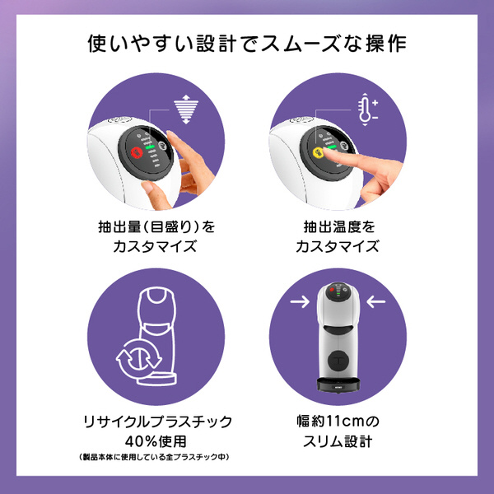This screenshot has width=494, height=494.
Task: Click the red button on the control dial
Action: coord(137,152)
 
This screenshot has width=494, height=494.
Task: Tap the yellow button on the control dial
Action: coord(319,152)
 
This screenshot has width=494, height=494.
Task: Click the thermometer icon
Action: coord(366,110)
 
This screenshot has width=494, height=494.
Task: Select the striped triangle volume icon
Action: coord(186,109)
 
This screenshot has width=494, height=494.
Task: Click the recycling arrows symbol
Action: coord(139,357)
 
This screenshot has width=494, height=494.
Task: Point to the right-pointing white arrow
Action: coord(300,301)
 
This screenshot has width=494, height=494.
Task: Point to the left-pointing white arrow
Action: coord(376,301)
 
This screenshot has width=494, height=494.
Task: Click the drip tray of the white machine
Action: coord(338,385)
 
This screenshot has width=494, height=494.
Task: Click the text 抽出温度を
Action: coord(339,227)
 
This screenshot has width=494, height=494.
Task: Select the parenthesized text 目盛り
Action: coord(174,227)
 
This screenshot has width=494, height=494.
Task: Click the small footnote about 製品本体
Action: coord(155,456)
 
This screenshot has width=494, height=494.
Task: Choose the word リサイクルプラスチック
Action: coord(157,422)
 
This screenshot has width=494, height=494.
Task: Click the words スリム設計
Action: coord(338,441)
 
